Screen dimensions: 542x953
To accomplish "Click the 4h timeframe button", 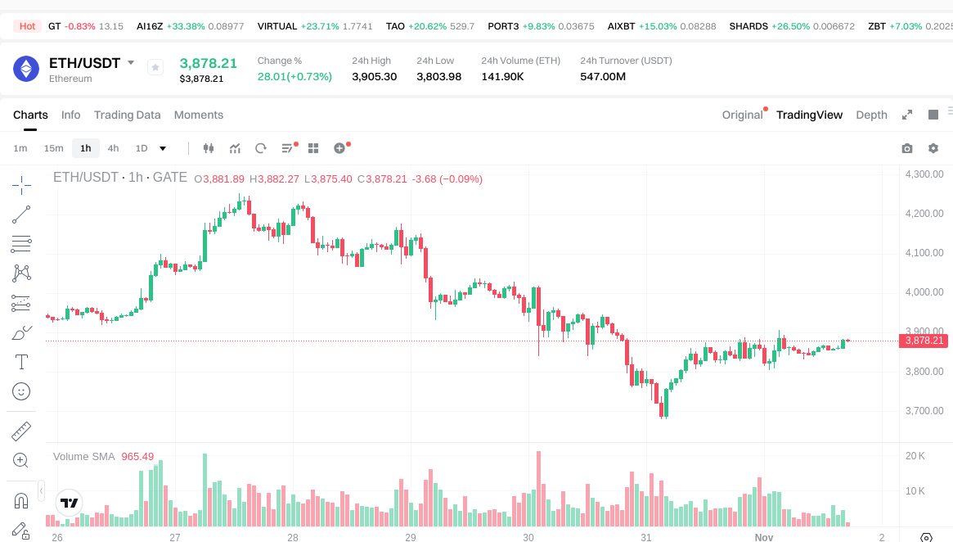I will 113,148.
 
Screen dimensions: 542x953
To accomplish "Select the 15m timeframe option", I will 53,148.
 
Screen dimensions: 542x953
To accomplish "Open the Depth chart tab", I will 871,115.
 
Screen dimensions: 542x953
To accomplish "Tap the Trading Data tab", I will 127,115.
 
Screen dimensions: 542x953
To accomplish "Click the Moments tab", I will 199,115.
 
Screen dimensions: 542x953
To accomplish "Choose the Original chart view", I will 742,115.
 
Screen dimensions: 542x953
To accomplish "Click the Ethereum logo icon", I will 26,69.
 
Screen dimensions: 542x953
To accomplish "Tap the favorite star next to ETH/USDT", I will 155,68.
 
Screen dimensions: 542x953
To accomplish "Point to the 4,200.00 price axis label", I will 924,214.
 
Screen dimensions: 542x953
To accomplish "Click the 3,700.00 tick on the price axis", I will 924,411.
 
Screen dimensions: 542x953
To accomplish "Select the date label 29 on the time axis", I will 411,538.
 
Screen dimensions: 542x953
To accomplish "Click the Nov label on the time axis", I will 763,538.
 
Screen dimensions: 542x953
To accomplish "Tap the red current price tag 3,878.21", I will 924,341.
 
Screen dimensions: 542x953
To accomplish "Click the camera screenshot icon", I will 906,148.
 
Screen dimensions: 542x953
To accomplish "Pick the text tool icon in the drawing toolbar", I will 22,362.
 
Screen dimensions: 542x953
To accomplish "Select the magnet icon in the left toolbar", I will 22,499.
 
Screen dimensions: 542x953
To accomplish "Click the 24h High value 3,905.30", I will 374,77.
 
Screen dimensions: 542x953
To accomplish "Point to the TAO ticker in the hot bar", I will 395,26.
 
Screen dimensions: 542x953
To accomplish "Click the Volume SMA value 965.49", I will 137,456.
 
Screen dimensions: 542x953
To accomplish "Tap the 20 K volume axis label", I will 915,456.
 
